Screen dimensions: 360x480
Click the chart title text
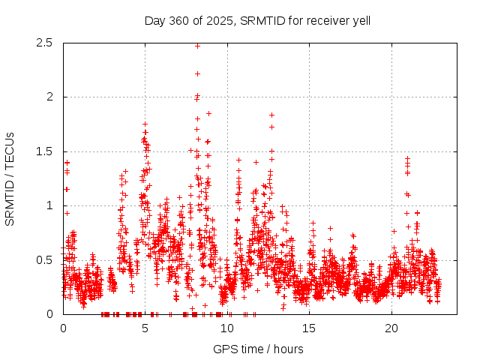tap(257, 20)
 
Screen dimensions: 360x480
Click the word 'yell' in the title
tap(360, 20)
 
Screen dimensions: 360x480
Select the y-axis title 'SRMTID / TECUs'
tap(10, 178)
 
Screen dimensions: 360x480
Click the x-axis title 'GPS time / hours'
tap(258, 349)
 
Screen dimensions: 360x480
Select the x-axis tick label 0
tap(63, 328)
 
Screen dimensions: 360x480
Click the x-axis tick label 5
tap(145, 328)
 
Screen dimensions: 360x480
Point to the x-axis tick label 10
tap(227, 328)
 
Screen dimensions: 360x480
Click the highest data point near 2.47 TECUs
tap(197, 46)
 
